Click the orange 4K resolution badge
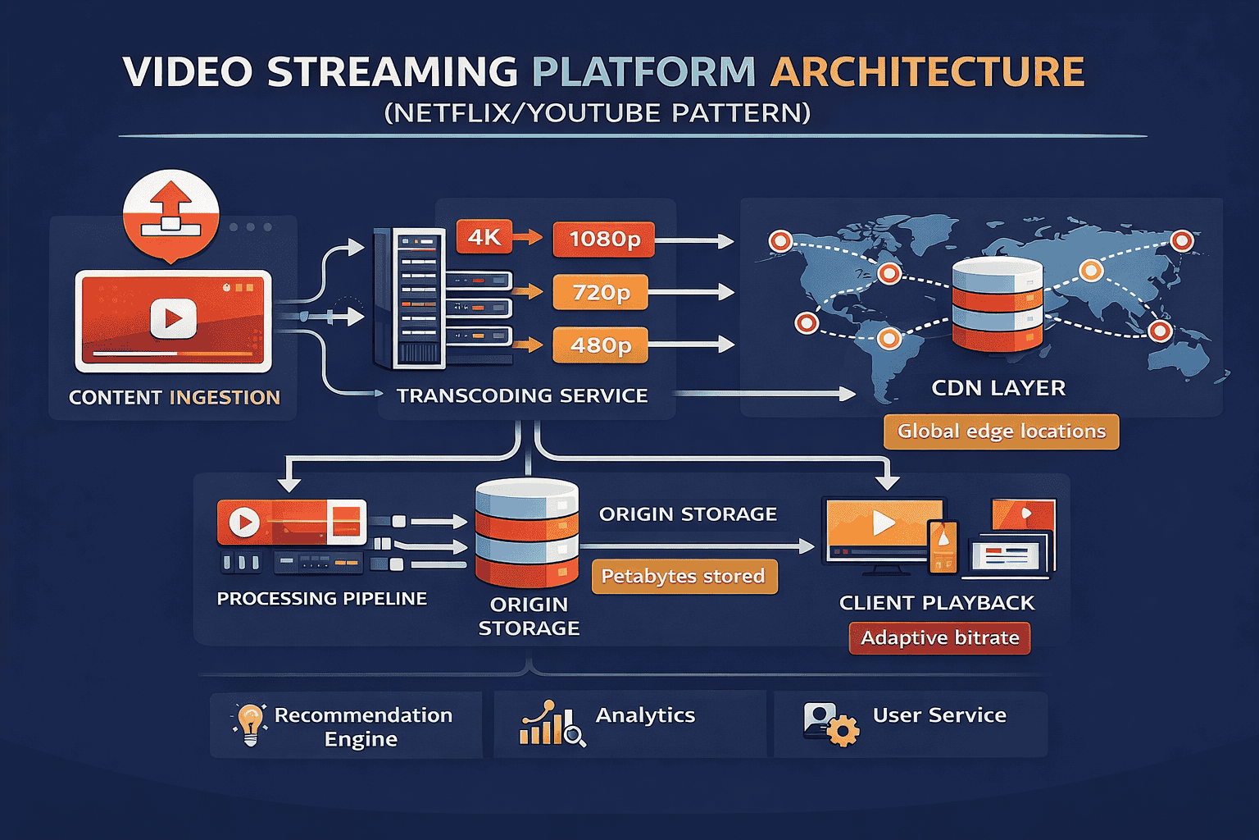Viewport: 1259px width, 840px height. click(x=484, y=237)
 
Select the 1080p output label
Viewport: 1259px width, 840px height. click(x=604, y=239)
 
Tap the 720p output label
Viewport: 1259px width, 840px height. click(x=600, y=292)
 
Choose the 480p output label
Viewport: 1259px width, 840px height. click(x=600, y=345)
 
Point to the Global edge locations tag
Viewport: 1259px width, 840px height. click(x=1001, y=431)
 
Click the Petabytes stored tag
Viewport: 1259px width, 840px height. click(x=684, y=576)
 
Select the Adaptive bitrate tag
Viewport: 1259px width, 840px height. click(x=939, y=638)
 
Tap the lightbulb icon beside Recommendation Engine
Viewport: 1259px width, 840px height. click(x=250, y=724)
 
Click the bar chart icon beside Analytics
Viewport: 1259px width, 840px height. click(x=552, y=724)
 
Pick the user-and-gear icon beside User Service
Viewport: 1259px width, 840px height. click(x=829, y=724)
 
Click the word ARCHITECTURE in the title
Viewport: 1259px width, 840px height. click(x=927, y=72)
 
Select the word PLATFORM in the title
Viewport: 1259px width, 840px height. click(x=643, y=72)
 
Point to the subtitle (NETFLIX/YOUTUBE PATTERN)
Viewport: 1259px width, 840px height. click(x=598, y=112)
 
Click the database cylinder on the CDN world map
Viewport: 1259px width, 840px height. click(x=997, y=304)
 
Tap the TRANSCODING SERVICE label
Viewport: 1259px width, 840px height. click(x=522, y=396)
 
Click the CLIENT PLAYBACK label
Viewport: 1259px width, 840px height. click(x=937, y=603)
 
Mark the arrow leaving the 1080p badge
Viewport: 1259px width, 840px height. click(x=693, y=241)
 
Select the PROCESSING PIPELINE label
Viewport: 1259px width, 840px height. click(x=321, y=599)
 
